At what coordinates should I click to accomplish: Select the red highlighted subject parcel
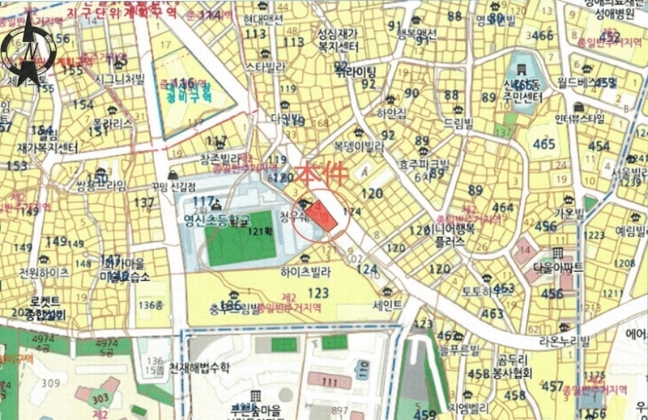click(x=322, y=214)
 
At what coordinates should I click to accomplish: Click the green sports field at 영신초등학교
click(x=241, y=239)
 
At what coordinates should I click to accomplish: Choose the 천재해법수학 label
click(x=200, y=367)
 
